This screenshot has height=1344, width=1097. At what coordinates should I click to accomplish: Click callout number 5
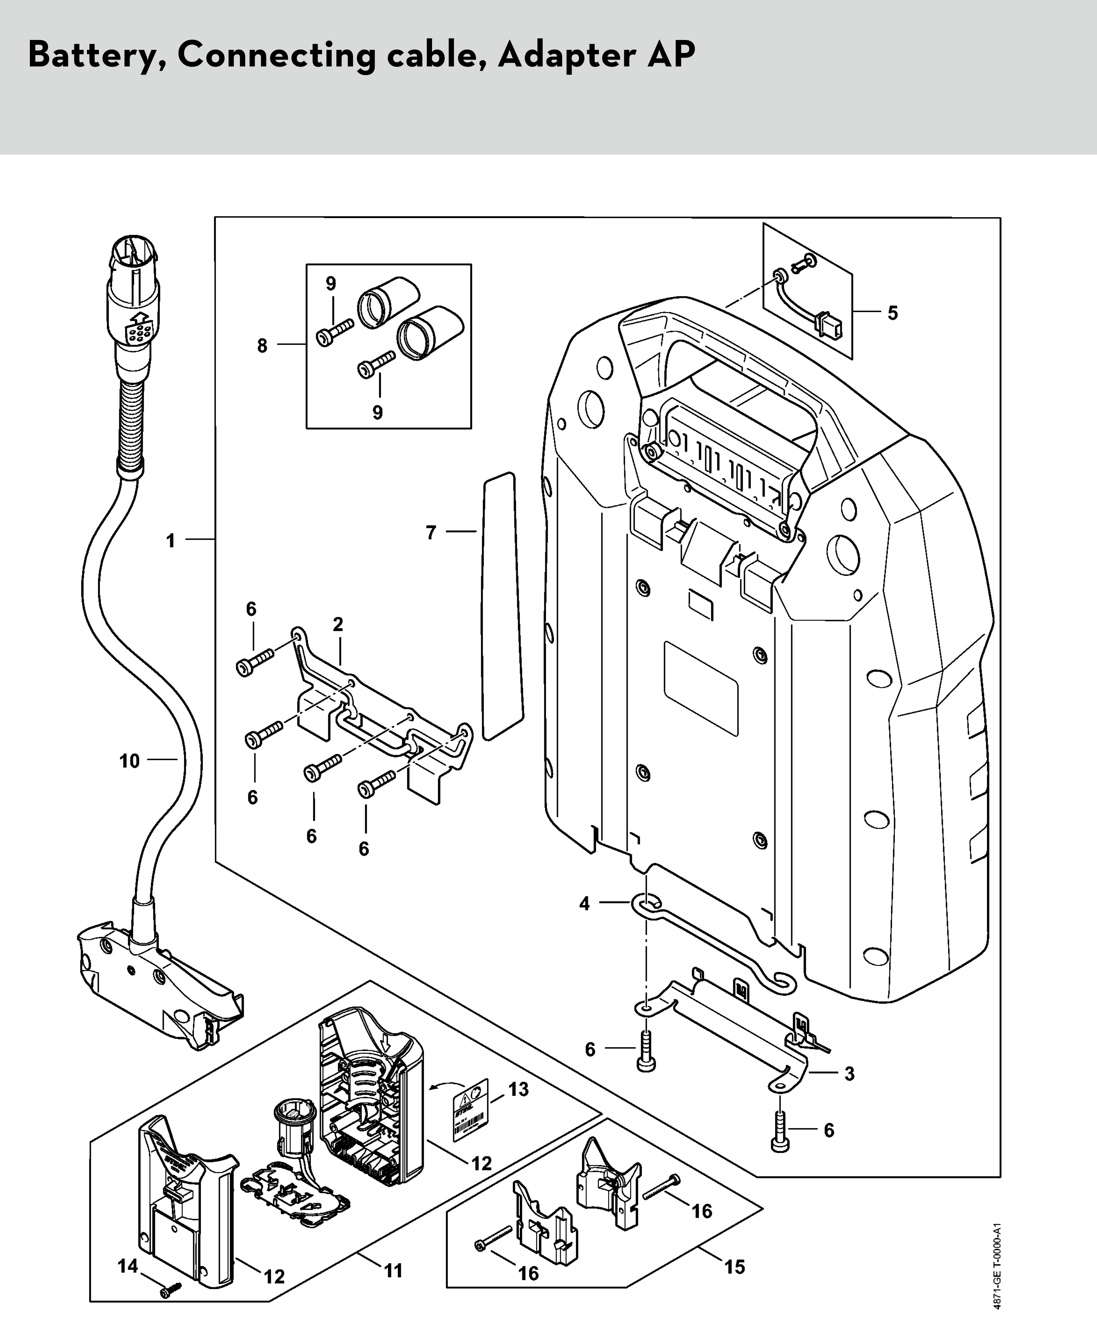[x=892, y=313]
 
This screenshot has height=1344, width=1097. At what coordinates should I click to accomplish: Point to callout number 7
[x=431, y=533]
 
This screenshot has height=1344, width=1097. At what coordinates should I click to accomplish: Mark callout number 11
[x=393, y=1270]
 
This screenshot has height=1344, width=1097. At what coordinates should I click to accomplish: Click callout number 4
[x=585, y=903]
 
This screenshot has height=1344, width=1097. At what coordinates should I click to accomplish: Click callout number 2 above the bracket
[x=338, y=624]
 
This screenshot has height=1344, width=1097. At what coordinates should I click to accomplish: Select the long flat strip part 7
[x=502, y=607]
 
